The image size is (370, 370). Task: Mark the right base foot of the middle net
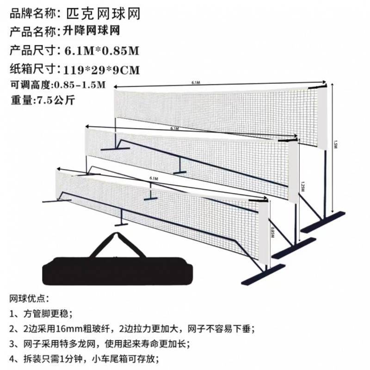[x=293, y=247]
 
